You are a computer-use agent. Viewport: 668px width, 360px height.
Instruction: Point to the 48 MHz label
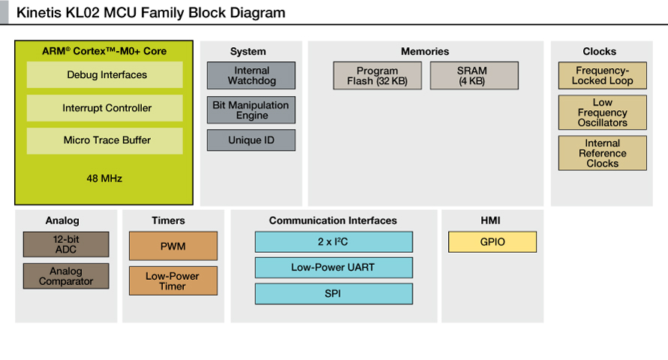coord(104,178)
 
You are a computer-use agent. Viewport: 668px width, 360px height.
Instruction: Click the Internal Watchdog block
coord(251,76)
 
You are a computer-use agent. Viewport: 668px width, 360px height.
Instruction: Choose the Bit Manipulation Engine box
coord(251,110)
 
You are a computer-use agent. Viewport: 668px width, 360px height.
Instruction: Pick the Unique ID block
coord(251,140)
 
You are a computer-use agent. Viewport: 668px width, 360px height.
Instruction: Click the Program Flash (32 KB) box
coord(378,76)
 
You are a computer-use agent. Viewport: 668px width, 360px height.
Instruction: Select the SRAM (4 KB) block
coord(474,76)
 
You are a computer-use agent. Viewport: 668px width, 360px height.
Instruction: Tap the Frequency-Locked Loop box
coord(603,76)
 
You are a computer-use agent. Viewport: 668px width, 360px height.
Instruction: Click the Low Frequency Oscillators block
coord(603,112)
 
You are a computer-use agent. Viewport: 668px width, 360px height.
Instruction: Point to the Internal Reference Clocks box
coord(603,153)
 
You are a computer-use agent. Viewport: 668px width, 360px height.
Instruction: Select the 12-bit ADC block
coord(66,244)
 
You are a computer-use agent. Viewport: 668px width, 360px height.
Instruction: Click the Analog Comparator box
coord(66,276)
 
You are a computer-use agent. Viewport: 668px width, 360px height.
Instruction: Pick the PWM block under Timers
coord(173,246)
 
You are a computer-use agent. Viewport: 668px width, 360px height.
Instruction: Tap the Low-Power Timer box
coord(173,280)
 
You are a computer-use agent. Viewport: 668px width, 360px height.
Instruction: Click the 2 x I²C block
coord(334,242)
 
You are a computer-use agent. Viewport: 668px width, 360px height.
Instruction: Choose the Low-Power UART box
coord(334,268)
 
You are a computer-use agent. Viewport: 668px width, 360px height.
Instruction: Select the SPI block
coord(334,293)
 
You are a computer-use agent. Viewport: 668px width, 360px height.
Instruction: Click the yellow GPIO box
coord(492,242)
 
